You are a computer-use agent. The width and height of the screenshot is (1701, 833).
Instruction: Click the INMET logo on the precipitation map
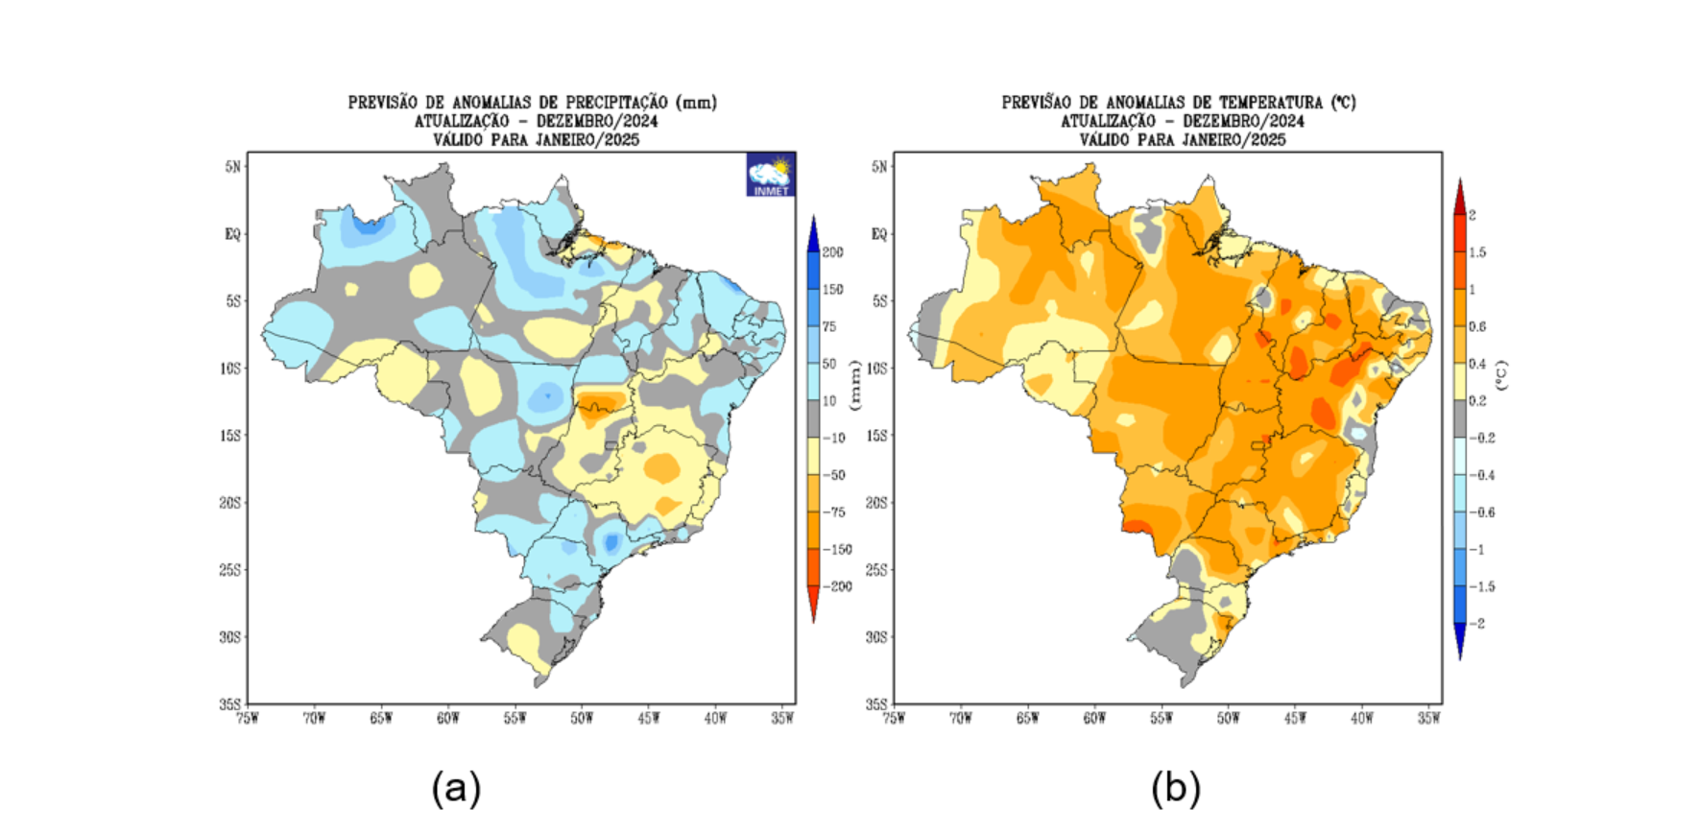click(770, 175)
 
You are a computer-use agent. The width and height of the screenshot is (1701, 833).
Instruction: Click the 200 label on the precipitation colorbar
click(832, 252)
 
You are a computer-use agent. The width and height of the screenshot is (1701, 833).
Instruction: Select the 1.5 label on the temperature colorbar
click(1477, 252)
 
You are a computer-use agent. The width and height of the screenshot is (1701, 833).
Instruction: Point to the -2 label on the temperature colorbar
click(1477, 624)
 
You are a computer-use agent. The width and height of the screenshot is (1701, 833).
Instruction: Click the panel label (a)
click(456, 789)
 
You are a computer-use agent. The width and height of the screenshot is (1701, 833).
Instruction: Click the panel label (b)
click(1176, 789)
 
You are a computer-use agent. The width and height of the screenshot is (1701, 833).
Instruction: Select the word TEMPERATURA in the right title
click(1271, 103)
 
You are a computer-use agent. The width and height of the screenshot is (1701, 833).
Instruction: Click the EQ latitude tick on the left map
click(232, 234)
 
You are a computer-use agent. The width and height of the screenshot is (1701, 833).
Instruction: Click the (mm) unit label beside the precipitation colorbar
click(855, 383)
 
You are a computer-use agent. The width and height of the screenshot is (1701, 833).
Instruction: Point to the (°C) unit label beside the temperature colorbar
click(1501, 374)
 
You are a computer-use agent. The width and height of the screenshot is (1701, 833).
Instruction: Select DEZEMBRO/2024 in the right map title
click(1243, 121)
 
